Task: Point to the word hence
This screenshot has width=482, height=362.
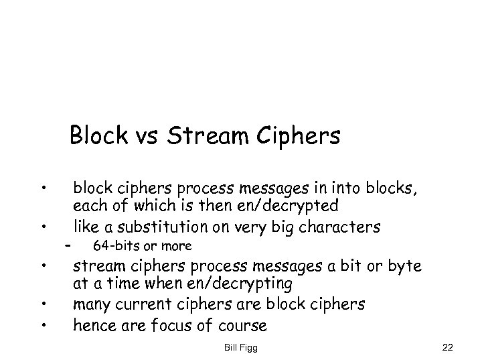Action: click(x=93, y=326)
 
